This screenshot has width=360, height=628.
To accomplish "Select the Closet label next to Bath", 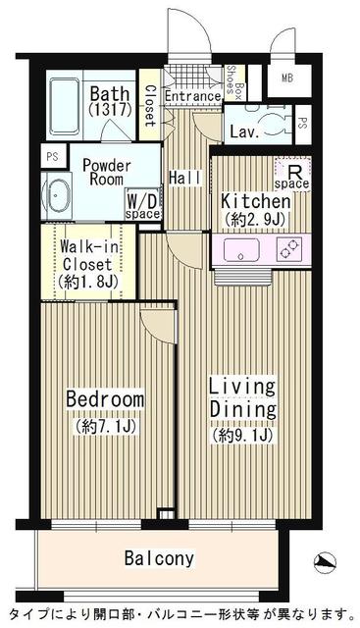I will click(x=149, y=106).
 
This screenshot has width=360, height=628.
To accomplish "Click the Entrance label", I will click(x=191, y=96).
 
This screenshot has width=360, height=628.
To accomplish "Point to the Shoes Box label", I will click(x=235, y=82).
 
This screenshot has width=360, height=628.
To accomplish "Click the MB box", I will click(x=287, y=78).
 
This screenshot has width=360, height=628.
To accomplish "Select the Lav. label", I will click(x=242, y=130).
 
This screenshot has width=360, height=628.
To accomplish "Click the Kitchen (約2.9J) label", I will click(x=254, y=206).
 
